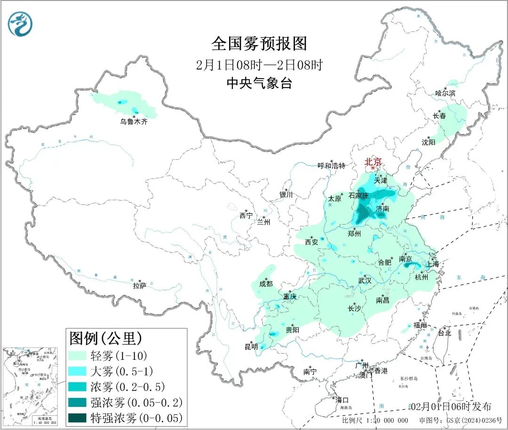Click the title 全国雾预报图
(x=259, y=44)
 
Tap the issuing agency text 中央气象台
(x=259, y=83)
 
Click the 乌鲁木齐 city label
(x=134, y=122)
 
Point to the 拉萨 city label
(x=140, y=285)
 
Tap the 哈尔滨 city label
(x=445, y=93)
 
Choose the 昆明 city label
(x=251, y=347)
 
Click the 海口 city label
(x=343, y=400)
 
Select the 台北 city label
(x=444, y=333)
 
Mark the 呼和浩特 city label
(x=331, y=166)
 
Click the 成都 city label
(x=266, y=284)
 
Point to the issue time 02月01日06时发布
(x=451, y=406)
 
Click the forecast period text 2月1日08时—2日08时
(x=259, y=65)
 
